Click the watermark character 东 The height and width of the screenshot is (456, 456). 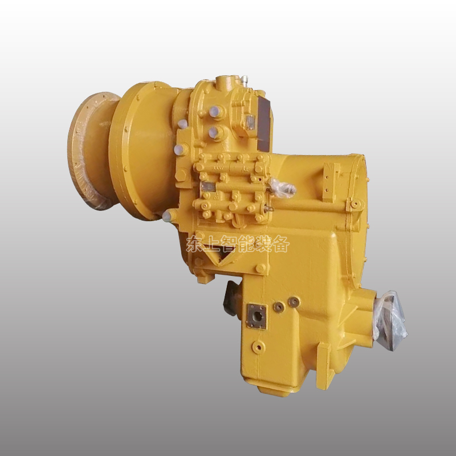[194, 244]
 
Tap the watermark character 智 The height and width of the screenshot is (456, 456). [229, 244]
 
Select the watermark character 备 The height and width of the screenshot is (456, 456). [281, 244]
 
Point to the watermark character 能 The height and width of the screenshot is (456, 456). [246, 244]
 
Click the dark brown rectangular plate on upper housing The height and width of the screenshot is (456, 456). [264, 123]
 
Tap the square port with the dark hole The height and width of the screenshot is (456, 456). [256, 316]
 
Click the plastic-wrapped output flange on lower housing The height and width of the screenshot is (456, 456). [390, 320]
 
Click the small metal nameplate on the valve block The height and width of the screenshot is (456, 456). [207, 186]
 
